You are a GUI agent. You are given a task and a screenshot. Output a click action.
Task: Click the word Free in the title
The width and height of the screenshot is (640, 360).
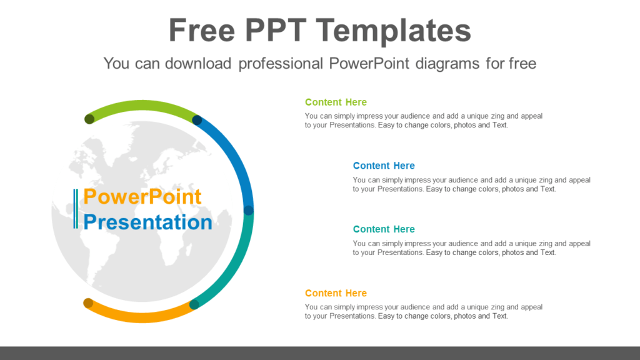201,31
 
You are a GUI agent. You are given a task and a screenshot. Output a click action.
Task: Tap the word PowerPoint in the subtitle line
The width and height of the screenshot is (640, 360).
362,63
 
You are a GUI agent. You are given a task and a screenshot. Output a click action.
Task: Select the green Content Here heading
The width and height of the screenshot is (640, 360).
336,102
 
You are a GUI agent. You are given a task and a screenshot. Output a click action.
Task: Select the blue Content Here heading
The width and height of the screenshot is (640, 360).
384,166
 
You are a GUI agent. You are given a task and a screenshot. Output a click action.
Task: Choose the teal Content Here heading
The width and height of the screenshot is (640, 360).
384,229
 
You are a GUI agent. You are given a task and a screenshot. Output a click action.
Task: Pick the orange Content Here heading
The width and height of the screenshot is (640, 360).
336,293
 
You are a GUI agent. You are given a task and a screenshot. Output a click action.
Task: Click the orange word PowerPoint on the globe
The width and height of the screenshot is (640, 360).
142,197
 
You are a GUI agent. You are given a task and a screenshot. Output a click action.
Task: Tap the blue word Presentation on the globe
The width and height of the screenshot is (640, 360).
148,222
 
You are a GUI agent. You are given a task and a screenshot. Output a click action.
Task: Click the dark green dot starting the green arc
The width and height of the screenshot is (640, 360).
89,119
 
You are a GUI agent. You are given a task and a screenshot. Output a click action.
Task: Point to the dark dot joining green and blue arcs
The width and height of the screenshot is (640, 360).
197,120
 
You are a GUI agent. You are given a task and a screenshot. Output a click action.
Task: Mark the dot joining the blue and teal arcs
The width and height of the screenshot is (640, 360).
248,211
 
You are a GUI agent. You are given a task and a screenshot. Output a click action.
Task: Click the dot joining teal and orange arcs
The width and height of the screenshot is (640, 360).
194,304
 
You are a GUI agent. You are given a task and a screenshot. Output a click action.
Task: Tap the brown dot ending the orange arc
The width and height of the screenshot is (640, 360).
88,303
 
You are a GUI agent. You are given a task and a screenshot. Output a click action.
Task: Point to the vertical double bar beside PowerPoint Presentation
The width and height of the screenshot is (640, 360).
76,209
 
